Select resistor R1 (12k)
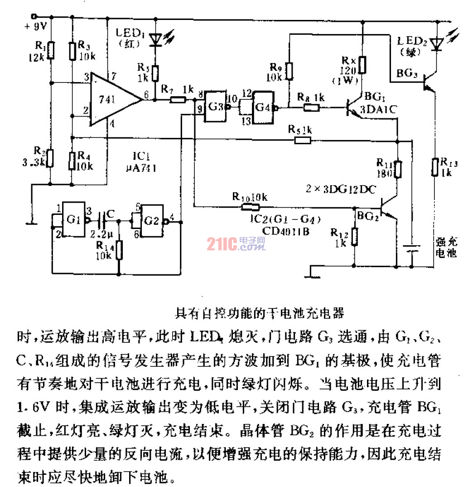[51, 51]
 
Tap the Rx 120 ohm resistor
[362, 65]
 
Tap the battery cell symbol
[412, 250]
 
